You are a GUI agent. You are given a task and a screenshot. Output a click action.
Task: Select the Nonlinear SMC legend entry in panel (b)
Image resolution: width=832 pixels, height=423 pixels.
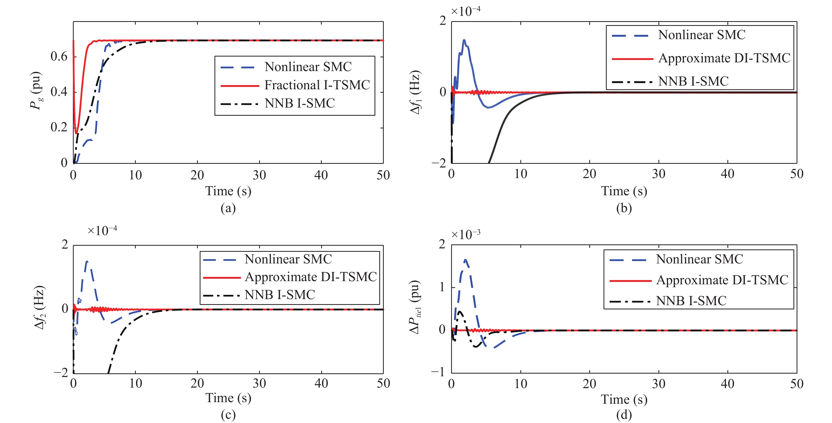(x=702, y=35)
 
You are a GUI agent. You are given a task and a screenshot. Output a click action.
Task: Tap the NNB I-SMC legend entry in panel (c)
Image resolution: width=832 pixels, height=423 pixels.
(x=280, y=295)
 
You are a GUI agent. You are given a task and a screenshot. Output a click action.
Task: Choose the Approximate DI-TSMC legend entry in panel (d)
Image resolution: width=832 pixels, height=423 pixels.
(x=722, y=280)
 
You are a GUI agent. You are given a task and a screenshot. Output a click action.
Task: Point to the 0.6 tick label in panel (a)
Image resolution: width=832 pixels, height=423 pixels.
(x=59, y=57)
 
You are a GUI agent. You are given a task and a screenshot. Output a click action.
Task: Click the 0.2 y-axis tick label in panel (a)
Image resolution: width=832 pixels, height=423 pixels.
(x=59, y=127)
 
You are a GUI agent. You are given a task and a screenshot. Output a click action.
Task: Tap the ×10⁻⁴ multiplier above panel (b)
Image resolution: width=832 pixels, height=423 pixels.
(x=465, y=11)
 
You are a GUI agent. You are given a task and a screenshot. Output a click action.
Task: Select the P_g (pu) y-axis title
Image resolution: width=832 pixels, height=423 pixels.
(x=36, y=91)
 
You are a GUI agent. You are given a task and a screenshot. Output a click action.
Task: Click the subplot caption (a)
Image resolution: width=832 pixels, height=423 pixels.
(x=228, y=208)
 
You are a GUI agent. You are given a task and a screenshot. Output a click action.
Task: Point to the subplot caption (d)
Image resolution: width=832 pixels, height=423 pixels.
(x=624, y=415)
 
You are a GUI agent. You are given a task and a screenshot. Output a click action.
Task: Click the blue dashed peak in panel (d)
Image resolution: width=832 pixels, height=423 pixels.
(x=465, y=259)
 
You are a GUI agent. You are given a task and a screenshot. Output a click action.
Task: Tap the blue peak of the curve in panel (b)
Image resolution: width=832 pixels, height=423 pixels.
(x=464, y=40)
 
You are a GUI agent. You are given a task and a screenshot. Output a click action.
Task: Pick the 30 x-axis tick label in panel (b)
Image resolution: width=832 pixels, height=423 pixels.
(x=658, y=174)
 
